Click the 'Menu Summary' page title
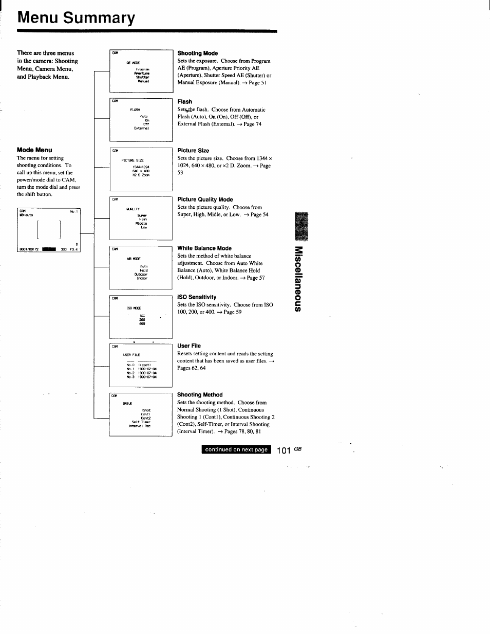click(76, 18)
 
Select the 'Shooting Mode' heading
click(197, 53)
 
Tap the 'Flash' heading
click(184, 102)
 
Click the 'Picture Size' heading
click(193, 151)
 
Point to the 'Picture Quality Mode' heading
click(205, 200)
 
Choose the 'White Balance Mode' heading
click(204, 248)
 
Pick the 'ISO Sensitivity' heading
click(197, 297)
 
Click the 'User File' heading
click(189, 346)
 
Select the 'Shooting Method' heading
click(200, 395)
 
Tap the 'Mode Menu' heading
click(34, 150)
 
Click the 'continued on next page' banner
click(236, 449)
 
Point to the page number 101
click(284, 450)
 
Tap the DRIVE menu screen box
click(141, 414)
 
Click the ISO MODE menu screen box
click(141, 316)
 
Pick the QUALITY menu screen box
click(141, 218)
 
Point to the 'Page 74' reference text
click(252, 124)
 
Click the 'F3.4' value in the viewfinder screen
click(73, 249)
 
